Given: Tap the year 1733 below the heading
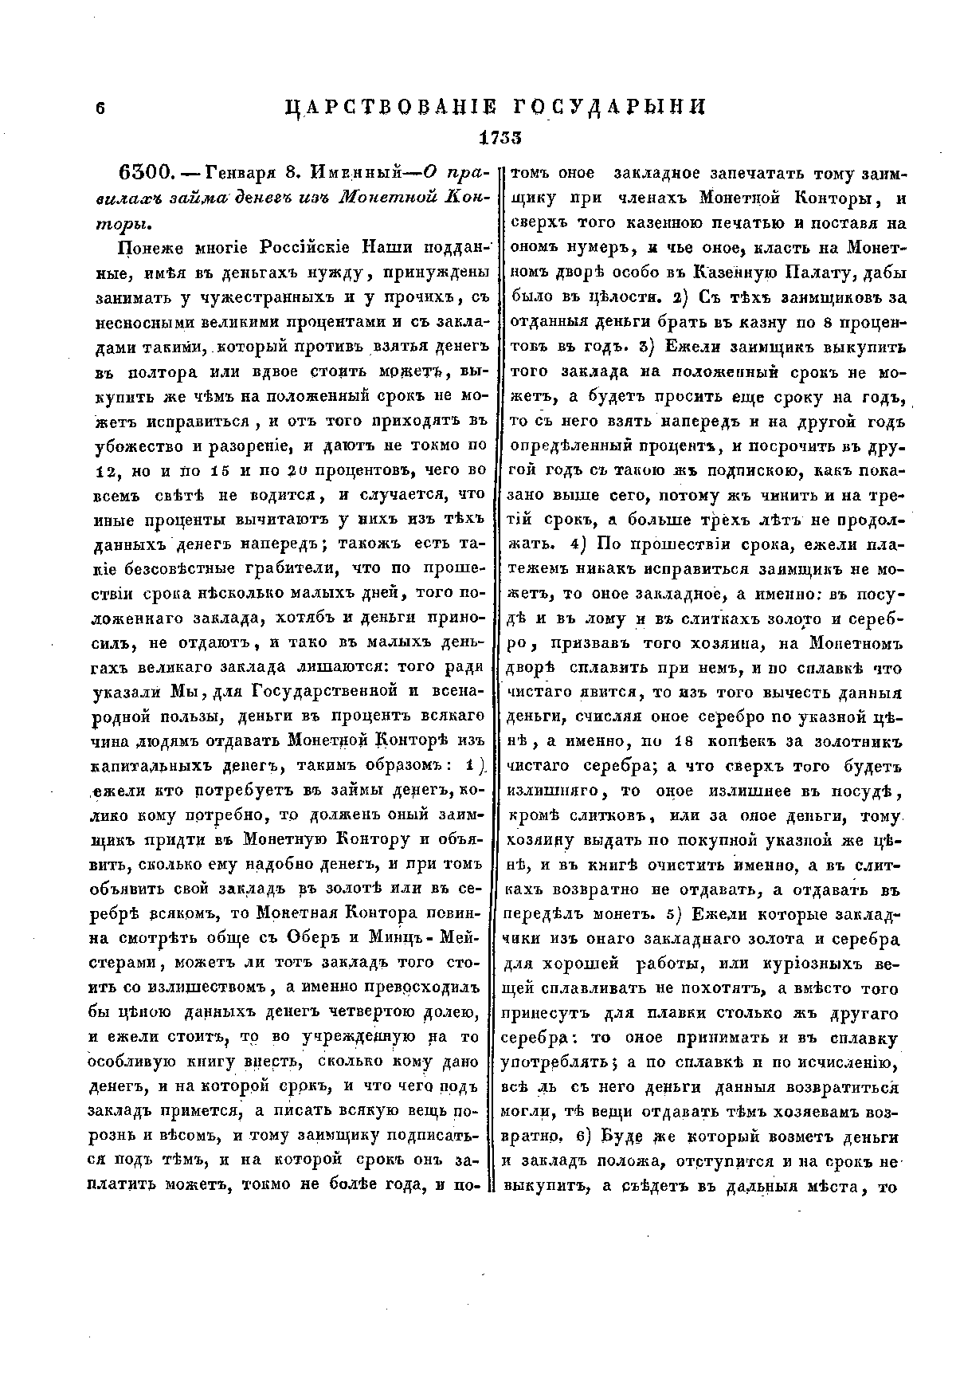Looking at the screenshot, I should pos(500,137).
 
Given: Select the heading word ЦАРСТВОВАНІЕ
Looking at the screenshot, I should pos(389,108).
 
